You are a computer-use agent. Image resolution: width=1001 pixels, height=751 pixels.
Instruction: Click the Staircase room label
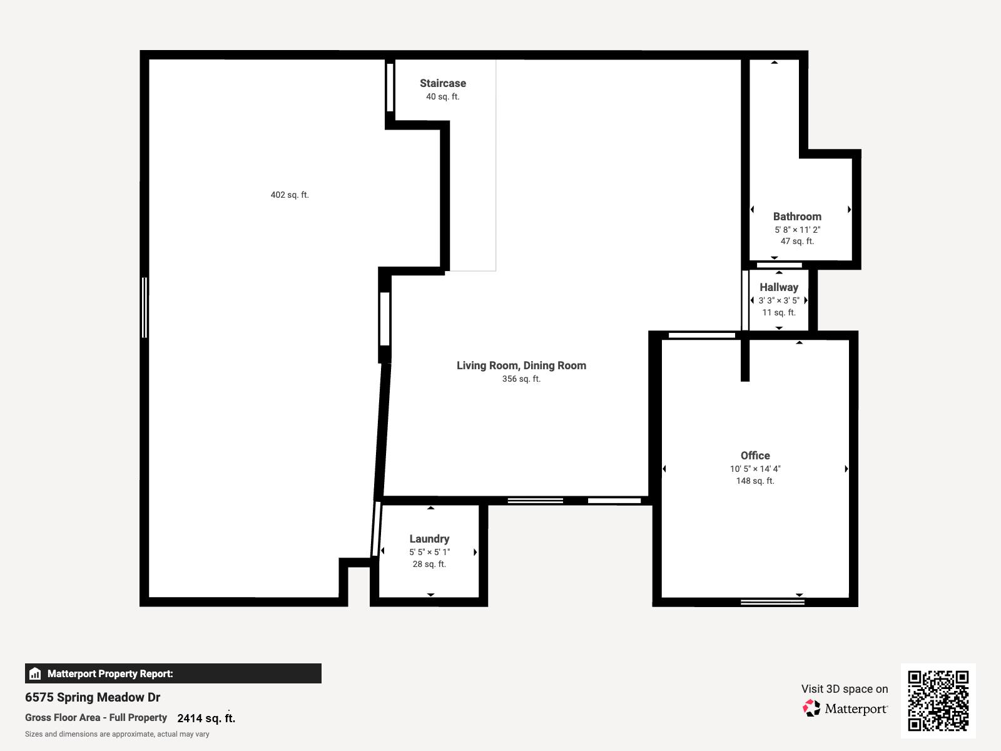442,83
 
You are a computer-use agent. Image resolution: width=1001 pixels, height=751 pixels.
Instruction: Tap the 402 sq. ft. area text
290,195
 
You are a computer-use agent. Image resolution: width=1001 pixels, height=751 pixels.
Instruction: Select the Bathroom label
797,217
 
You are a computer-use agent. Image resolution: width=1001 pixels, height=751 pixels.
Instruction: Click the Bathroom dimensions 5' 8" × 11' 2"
797,230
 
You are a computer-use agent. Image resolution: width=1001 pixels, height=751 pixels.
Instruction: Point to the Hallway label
779,287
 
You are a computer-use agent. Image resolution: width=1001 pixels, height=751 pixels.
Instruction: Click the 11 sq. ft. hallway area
779,312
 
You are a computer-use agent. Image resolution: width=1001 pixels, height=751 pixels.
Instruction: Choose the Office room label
755,456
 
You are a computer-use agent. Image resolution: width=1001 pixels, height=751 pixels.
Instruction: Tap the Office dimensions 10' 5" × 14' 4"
755,469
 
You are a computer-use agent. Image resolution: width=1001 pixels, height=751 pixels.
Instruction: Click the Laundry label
429,539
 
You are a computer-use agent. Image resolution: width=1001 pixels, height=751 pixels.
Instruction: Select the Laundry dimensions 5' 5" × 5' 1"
429,552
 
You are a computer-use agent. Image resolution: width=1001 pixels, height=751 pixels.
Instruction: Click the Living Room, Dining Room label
521,365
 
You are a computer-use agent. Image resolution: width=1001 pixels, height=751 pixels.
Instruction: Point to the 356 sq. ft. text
521,379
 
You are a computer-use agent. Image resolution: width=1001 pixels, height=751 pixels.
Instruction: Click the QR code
938,700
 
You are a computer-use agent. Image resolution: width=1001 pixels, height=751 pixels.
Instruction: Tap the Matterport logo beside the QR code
845,708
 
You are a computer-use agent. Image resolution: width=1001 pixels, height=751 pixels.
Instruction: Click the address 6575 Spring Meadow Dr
93,697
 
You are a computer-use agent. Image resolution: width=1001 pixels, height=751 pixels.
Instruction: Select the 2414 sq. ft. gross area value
206,718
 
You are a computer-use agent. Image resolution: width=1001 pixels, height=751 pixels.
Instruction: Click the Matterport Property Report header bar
173,673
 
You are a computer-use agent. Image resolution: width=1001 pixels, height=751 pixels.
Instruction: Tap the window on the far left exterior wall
145,307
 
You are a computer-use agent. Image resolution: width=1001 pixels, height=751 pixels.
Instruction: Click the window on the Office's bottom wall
772,602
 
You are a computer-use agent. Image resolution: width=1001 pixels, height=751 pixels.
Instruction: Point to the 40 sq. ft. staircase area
442,96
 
